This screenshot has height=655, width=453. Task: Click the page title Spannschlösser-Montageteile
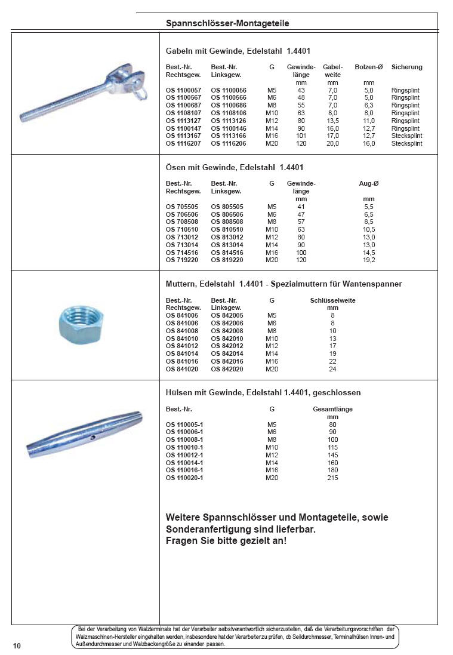tap(227, 23)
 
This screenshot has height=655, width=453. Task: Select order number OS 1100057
tap(183, 90)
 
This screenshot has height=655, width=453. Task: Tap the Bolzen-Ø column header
tap(369, 67)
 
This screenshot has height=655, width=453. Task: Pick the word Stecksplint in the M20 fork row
tap(406, 144)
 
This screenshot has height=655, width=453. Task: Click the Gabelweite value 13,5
tap(332, 121)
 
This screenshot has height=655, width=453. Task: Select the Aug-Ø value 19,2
tap(369, 260)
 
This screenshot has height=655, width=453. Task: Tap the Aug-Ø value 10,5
tap(369, 229)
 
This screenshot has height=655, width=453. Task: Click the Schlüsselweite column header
tap(333, 300)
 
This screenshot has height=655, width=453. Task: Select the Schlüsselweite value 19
tap(332, 354)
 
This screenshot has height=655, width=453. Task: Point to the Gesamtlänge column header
tap(333, 409)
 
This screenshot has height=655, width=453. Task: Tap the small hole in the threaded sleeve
tap(93, 438)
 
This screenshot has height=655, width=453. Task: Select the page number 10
tap(17, 646)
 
